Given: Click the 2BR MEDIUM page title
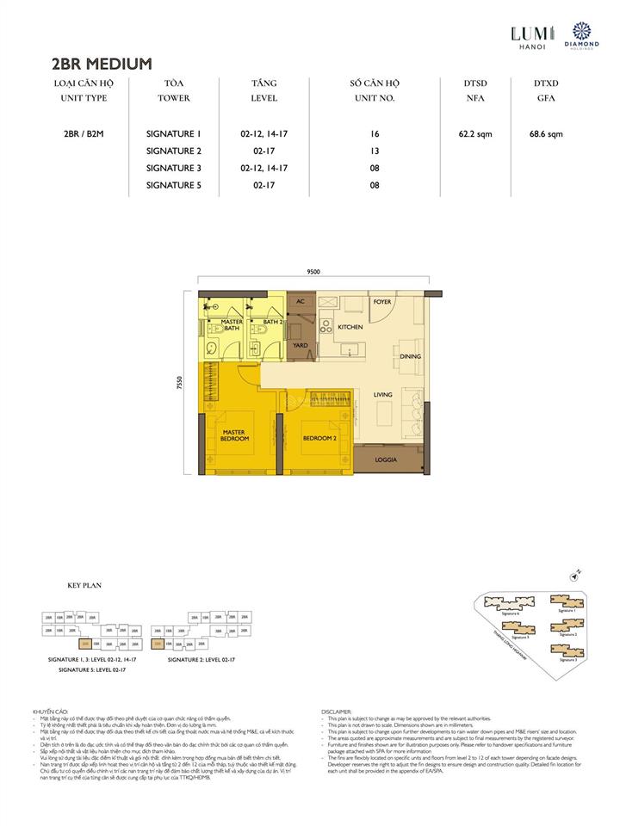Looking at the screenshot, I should [x=102, y=63].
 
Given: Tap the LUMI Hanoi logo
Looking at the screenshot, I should [x=528, y=35].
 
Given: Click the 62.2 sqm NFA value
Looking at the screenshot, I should [x=474, y=133].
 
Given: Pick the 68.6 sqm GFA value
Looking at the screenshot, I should [x=545, y=133].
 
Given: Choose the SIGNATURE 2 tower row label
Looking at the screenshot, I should [x=173, y=151].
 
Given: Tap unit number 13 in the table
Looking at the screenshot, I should [x=372, y=151].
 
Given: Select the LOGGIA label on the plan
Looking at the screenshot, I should [x=386, y=460].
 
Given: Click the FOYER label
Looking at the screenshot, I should [x=382, y=302].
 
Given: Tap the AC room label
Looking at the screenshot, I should [x=301, y=302].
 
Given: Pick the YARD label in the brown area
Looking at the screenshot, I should [x=301, y=345].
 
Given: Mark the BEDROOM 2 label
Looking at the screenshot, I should [x=318, y=439].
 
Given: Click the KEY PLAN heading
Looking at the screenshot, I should [x=84, y=584].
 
